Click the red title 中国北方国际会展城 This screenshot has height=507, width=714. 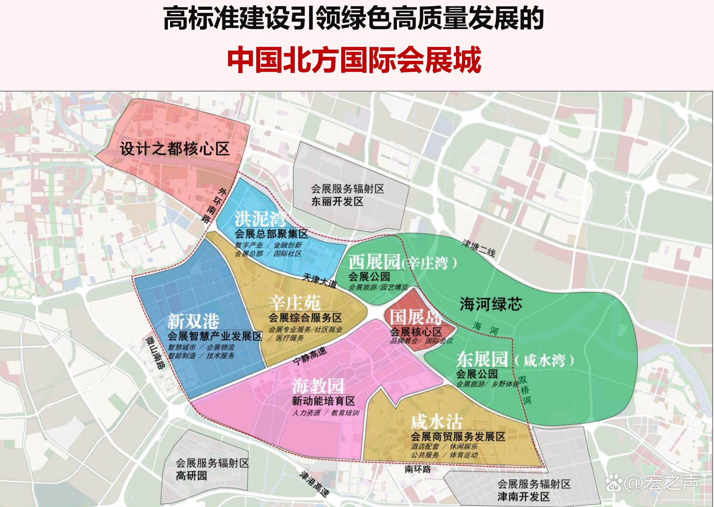(354, 60)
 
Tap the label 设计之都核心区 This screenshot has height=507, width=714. (175, 149)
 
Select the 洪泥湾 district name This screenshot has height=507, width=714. (261, 219)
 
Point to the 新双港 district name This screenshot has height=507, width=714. (193, 321)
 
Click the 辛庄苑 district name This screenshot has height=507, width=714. (294, 303)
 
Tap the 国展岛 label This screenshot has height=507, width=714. (415, 317)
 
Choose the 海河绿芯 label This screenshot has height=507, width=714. (491, 304)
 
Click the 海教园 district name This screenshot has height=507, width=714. (318, 386)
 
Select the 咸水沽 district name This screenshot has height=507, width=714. (437, 422)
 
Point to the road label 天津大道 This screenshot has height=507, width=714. (320, 281)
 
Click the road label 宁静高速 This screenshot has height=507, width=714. (310, 356)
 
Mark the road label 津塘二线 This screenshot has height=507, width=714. (479, 247)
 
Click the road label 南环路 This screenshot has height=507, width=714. (418, 469)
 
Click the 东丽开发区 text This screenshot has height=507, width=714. (337, 202)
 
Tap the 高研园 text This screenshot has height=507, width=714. (191, 476)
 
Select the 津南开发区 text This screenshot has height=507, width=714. (523, 497)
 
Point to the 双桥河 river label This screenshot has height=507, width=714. (525, 390)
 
